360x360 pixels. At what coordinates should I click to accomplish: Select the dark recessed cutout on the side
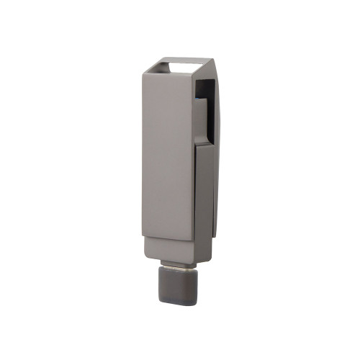tap(207, 108)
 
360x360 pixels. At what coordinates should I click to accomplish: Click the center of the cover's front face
tap(168, 155)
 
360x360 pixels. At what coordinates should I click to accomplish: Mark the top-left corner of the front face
tap(143, 75)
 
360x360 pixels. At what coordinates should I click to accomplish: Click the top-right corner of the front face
tap(194, 75)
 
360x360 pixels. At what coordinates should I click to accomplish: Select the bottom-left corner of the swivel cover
tap(143, 238)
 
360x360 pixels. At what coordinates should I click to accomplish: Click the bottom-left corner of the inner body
tap(145, 257)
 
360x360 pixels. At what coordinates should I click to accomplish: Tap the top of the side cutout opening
tap(206, 81)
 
